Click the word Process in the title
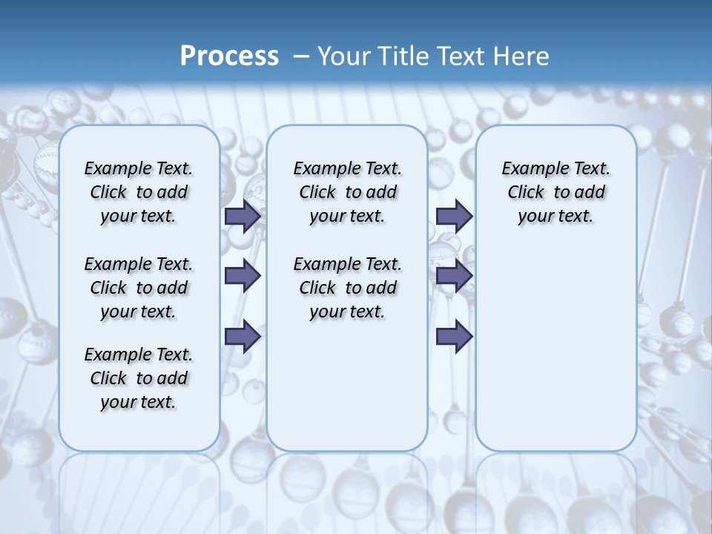(229, 56)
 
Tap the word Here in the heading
(523, 56)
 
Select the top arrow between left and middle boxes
(243, 216)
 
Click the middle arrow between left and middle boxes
(243, 276)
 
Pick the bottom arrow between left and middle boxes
(243, 336)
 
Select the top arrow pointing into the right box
(455, 216)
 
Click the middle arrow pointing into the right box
(455, 276)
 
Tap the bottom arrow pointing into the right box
(455, 336)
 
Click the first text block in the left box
(139, 192)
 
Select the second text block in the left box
(139, 288)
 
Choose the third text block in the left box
(139, 378)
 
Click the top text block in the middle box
(347, 192)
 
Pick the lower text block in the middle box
(347, 288)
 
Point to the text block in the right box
(556, 192)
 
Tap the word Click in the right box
(526, 192)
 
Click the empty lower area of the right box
(556, 349)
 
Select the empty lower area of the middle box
(347, 386)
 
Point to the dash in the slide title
(302, 57)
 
